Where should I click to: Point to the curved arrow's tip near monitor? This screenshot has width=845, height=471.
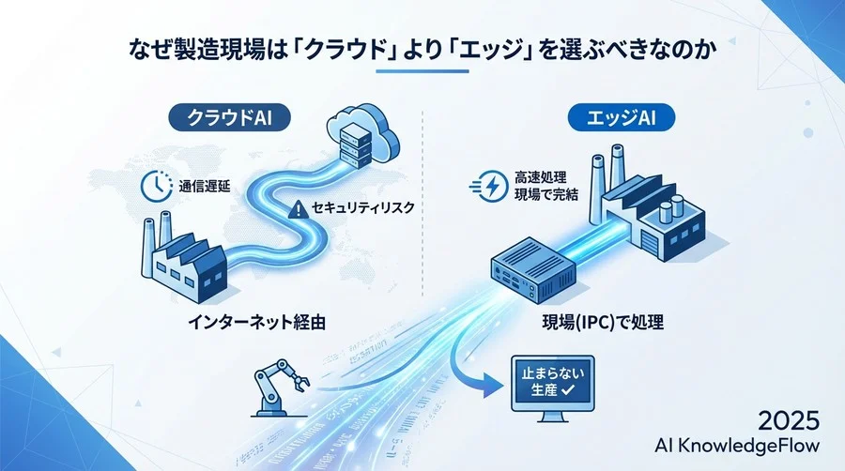coord(494,385)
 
